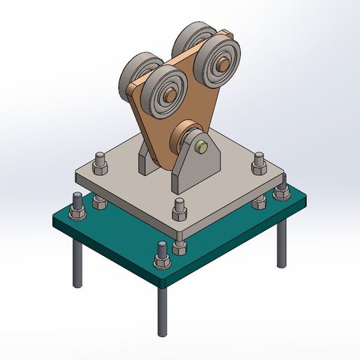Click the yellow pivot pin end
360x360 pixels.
click(x=202, y=147)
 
